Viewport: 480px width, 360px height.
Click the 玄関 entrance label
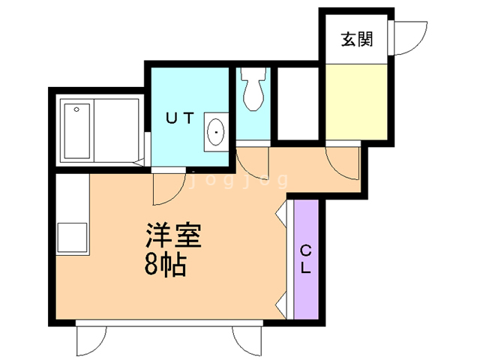click(x=357, y=39)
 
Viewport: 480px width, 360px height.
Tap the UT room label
click(x=180, y=118)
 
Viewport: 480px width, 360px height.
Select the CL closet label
click(x=305, y=259)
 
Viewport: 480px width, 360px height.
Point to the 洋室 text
click(x=173, y=235)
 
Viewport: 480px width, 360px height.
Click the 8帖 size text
click(x=165, y=265)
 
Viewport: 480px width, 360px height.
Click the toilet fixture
click(x=253, y=88)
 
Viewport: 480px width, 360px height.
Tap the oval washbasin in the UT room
click(x=216, y=132)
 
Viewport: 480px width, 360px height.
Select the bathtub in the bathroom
click(x=77, y=131)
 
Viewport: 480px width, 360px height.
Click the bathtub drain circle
click(x=76, y=109)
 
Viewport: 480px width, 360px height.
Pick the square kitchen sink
click(x=72, y=238)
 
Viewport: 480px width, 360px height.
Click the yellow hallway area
click(x=356, y=102)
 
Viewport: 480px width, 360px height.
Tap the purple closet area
click(x=306, y=259)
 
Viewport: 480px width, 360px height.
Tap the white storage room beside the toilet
click(x=298, y=103)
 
